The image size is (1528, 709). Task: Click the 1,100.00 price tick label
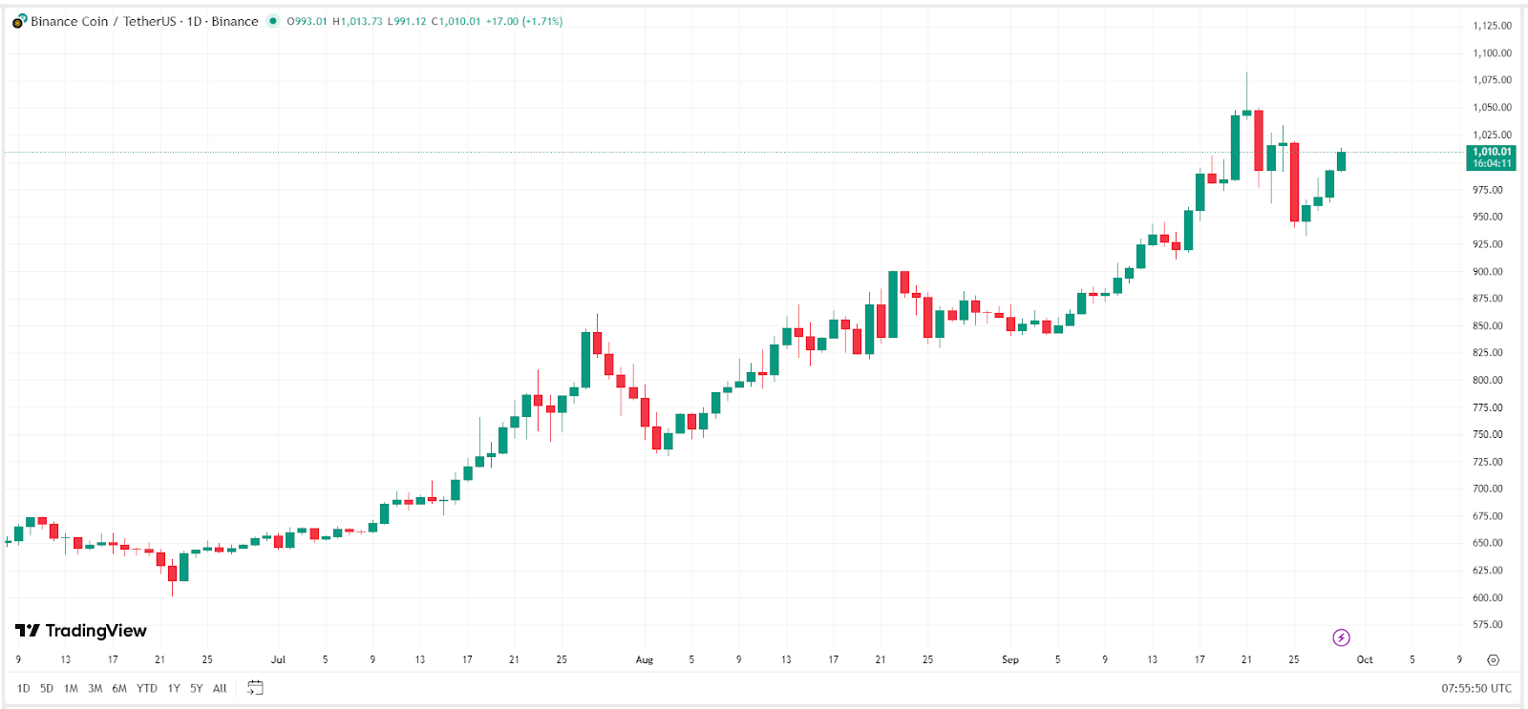(1492, 53)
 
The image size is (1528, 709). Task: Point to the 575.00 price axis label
(1488, 625)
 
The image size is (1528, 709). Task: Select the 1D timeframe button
(24, 688)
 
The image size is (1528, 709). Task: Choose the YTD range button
(146, 688)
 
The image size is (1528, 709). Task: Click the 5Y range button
(196, 688)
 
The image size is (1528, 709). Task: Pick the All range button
(220, 688)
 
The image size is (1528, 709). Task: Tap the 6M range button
(119, 688)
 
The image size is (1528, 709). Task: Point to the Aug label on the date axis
(645, 659)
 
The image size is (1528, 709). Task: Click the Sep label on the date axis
(1010, 659)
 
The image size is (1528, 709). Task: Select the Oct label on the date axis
(1365, 659)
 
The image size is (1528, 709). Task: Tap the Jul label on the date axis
(278, 659)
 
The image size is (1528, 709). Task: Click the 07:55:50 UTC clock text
(1476, 688)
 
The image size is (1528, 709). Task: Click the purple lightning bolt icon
(1341, 637)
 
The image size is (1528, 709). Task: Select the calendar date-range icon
(255, 688)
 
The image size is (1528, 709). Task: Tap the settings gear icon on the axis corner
(1493, 659)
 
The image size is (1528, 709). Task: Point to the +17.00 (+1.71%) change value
(524, 21)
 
